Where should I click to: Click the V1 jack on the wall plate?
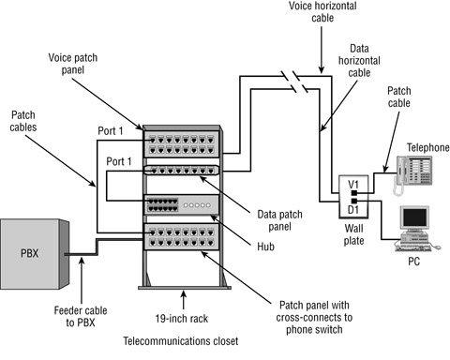(x=353, y=185)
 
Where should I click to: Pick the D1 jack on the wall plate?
(x=353, y=201)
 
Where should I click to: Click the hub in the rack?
(x=180, y=205)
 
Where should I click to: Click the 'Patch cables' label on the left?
(x=30, y=120)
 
